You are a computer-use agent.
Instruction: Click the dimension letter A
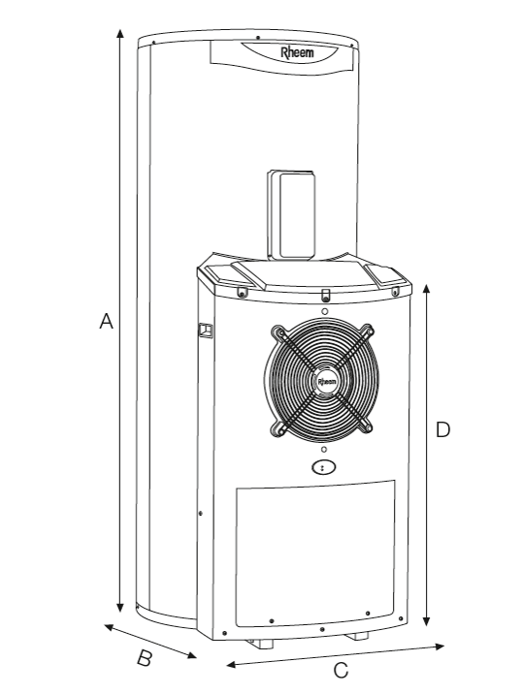coord(106,321)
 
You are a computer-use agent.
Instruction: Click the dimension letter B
coord(144,658)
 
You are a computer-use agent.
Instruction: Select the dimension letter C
coord(341,670)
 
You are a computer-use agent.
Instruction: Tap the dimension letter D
coord(442,429)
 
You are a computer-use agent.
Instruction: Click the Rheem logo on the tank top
coord(297,52)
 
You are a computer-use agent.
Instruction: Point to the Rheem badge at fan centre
coord(327,382)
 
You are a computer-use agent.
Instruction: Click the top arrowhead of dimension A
coord(119,33)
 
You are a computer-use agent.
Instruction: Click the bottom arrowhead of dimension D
coord(426,621)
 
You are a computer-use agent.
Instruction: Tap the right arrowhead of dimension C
coord(440,647)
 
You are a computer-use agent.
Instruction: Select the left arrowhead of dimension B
coord(109,627)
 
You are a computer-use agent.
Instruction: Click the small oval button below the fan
coord(323,467)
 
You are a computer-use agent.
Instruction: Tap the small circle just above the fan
coord(325,311)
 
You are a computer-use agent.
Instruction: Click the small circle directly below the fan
coord(324,450)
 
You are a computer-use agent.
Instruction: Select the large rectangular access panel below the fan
coord(315,553)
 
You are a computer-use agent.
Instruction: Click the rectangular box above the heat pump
coord(292,215)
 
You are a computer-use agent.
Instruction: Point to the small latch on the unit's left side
coord(205,331)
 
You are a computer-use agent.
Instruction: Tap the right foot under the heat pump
coord(357,636)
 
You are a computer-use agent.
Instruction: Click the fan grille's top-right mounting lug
coord(367,331)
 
